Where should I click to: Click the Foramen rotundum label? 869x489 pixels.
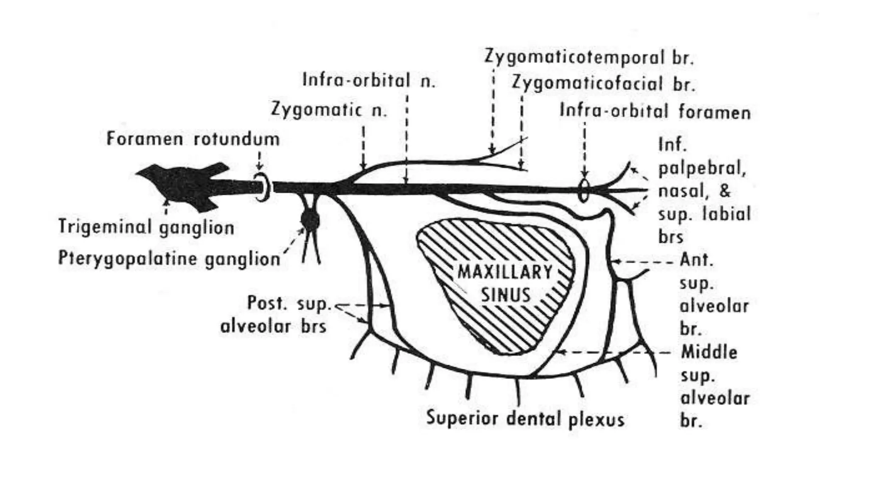point(193,139)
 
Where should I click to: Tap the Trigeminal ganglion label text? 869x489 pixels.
point(146,227)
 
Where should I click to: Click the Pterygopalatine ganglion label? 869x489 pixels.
point(169,258)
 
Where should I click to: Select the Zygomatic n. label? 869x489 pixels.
point(329,110)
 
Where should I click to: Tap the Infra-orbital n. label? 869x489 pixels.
point(369,80)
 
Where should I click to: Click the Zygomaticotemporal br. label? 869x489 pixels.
point(589,57)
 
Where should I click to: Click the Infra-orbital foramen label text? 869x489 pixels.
point(655,111)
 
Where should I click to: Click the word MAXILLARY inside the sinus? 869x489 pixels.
point(505,272)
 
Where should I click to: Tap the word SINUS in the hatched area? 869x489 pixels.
point(505,295)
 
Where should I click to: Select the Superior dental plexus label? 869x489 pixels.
point(525,419)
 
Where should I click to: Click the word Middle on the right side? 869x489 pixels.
point(709,352)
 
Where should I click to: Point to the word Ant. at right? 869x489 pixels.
point(696,259)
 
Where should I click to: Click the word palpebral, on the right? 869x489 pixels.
point(702,169)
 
